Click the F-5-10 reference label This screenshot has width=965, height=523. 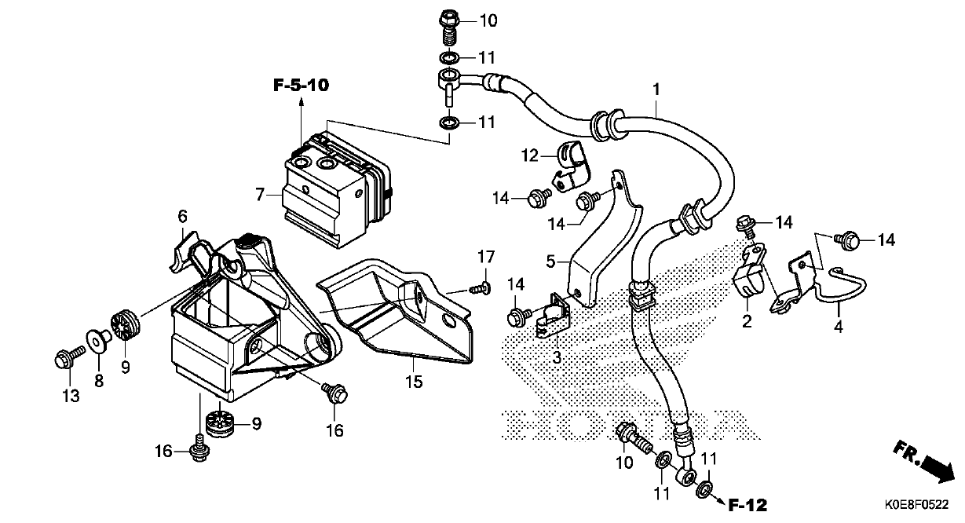point(301,86)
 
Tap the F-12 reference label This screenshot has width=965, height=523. point(748,506)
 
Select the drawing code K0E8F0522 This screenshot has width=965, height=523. point(917,504)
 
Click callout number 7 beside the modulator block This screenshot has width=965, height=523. point(259,195)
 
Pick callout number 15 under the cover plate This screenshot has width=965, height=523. point(414,382)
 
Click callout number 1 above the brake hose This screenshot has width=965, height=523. point(656,90)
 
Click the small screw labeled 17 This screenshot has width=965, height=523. point(481,288)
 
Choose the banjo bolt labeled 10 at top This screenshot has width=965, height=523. point(449,29)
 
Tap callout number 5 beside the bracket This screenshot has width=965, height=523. point(550,261)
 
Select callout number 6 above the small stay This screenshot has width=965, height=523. point(183,216)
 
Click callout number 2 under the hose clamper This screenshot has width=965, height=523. point(747,321)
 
